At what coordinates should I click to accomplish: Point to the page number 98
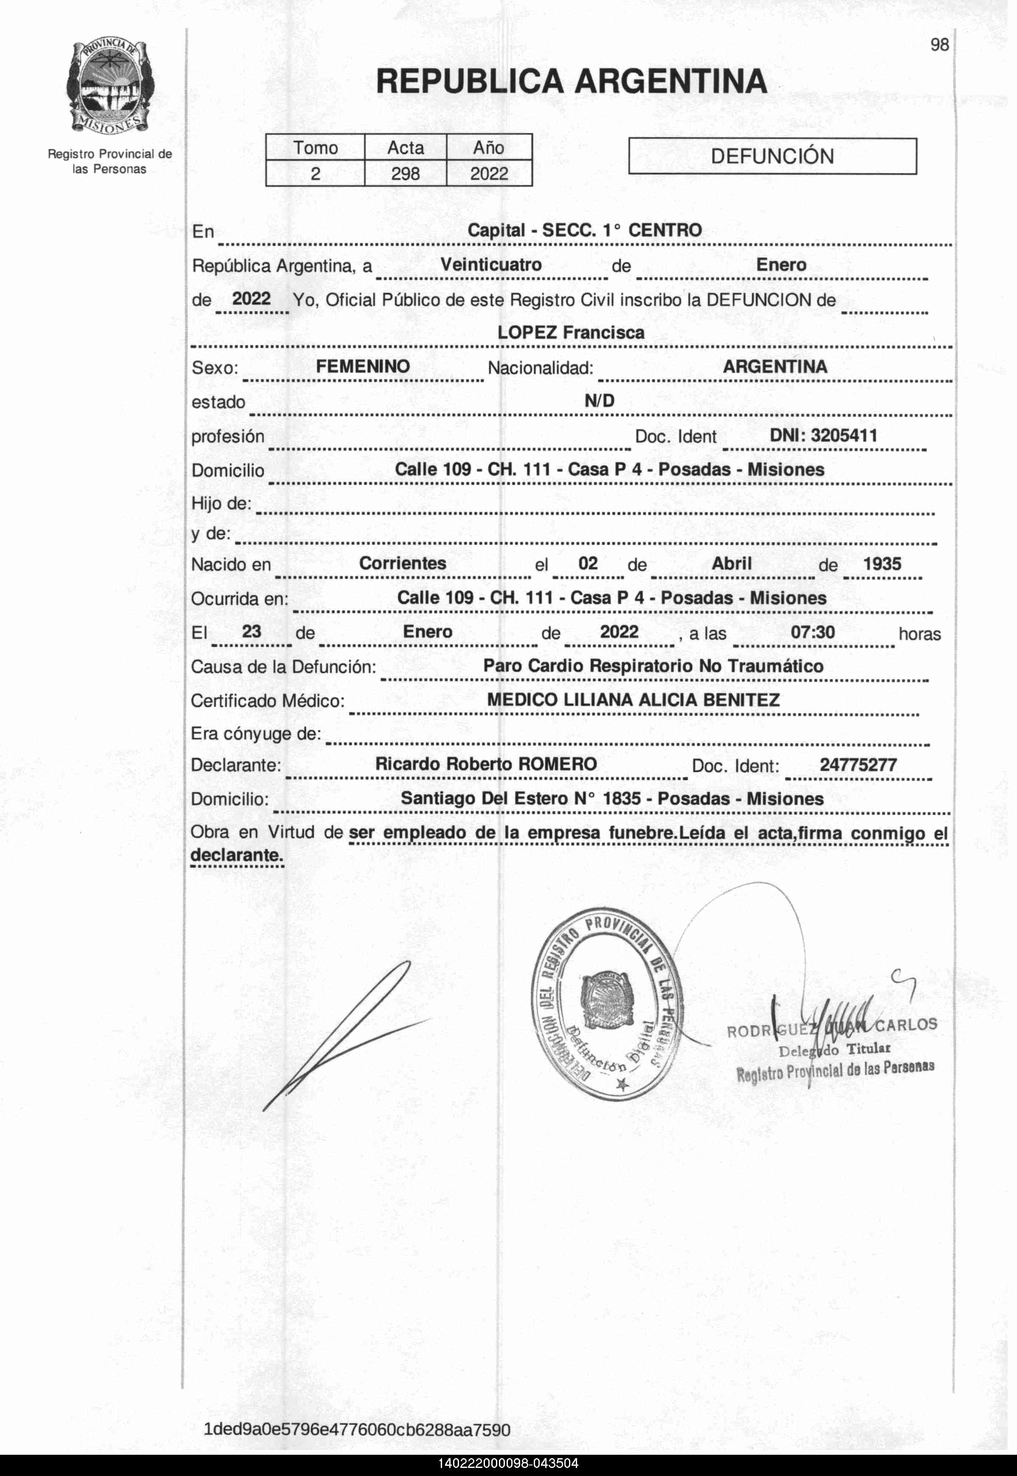coord(939,45)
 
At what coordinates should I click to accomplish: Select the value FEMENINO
coord(363,366)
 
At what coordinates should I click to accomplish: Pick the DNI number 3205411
coord(823,436)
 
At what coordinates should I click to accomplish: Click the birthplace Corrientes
coord(403,563)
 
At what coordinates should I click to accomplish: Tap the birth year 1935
coord(882,564)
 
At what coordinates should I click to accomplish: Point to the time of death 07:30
coord(812,632)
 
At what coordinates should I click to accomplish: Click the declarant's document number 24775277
coord(858,764)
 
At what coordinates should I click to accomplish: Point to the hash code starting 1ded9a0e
coord(357,1429)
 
